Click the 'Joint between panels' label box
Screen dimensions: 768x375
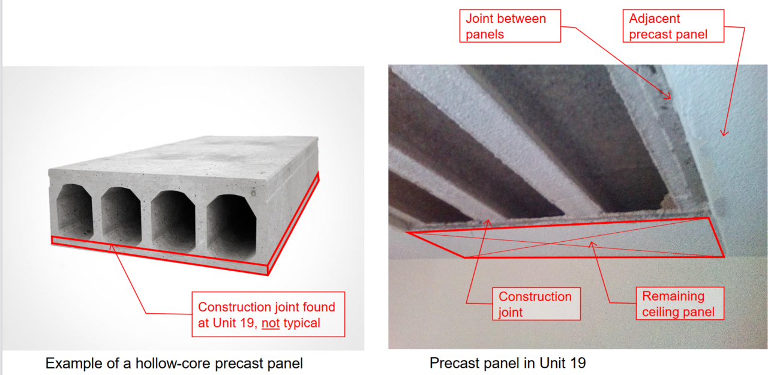pos(510,26)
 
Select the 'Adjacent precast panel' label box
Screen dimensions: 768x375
pos(673,26)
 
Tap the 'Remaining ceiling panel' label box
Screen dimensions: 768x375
pos(680,304)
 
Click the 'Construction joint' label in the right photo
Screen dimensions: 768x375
pos(536,304)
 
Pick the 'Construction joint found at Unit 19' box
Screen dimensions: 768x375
pos(268,314)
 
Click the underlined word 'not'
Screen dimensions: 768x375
pos(271,323)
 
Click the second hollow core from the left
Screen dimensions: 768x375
pos(121,216)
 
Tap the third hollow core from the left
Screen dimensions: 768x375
pos(173,221)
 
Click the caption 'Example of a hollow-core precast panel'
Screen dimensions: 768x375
pos(174,364)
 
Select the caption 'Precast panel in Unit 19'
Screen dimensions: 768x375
pos(508,363)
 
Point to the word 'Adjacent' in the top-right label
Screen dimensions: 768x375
pos(654,19)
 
